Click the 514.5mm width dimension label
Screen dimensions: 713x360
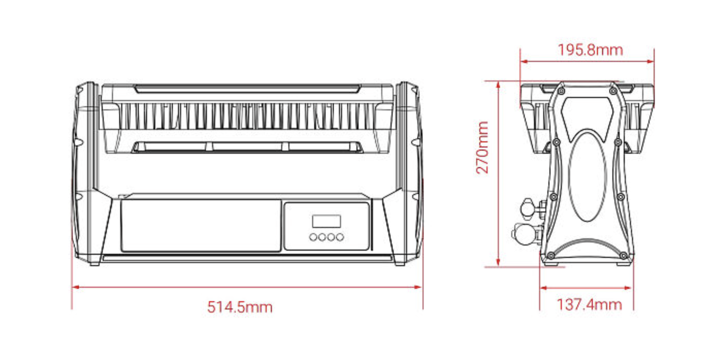pyautogui.click(x=240, y=307)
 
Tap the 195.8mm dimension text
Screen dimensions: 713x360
pyautogui.click(x=590, y=51)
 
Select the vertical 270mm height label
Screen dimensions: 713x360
pyautogui.click(x=482, y=148)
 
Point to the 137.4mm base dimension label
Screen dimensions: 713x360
pyautogui.click(x=589, y=305)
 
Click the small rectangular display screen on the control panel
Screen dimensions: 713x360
pyautogui.click(x=326, y=221)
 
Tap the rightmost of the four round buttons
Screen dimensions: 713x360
pyautogui.click(x=340, y=237)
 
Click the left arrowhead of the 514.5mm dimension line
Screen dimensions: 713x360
pyautogui.click(x=75, y=287)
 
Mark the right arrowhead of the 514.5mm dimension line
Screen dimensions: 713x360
pyautogui.click(x=418, y=287)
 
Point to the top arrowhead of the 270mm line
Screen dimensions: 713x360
pyautogui.click(x=498, y=85)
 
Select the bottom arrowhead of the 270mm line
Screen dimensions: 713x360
pyautogui.click(x=498, y=263)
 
